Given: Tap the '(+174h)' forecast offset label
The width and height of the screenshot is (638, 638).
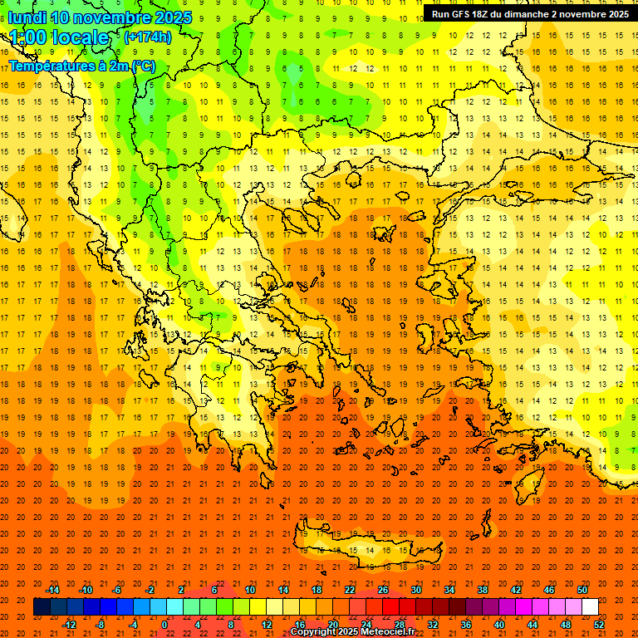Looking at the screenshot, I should click(x=147, y=37).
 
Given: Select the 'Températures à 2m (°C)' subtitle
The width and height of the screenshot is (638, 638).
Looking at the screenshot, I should click(x=81, y=66).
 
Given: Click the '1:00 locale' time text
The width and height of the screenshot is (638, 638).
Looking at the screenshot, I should click(x=58, y=38).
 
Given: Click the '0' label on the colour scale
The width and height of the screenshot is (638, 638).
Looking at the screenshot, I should click(x=164, y=625).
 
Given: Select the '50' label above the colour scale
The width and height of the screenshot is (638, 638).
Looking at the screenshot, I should click(x=582, y=590).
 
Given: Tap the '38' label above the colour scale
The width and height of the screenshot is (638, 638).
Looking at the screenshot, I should click(x=482, y=590).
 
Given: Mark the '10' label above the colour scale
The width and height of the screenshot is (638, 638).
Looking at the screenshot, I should click(x=249, y=590).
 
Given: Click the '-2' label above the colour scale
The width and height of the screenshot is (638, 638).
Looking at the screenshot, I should click(x=150, y=590).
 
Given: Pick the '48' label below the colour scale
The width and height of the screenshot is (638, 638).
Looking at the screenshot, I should click(x=565, y=625).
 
